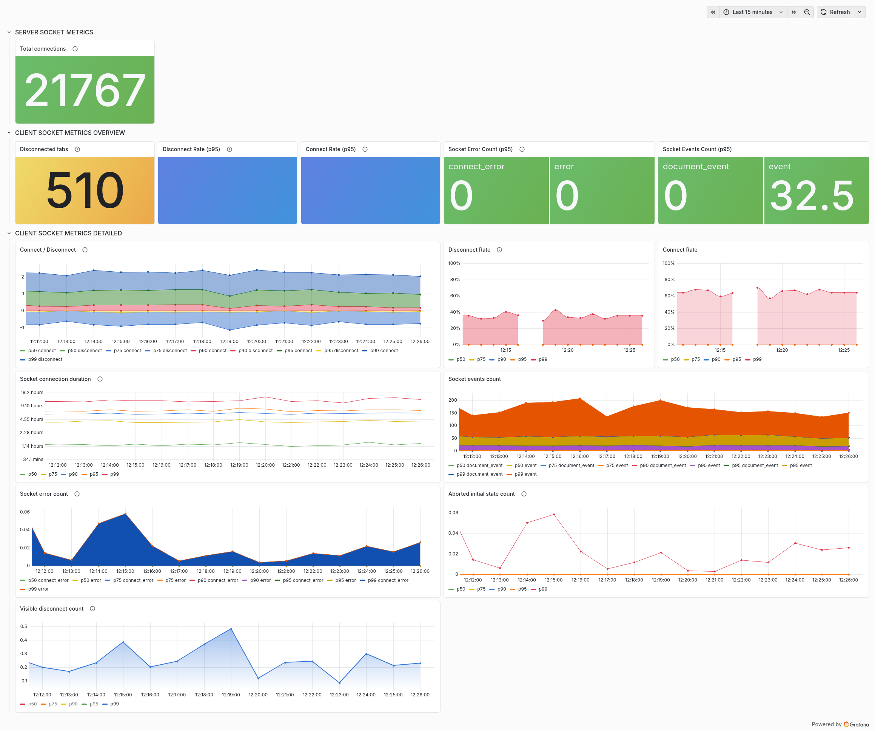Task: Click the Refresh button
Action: point(835,12)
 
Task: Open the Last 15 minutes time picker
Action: point(752,12)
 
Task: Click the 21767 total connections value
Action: point(85,90)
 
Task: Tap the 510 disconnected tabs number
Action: point(85,191)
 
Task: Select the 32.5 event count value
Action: point(812,195)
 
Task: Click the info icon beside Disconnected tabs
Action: point(77,149)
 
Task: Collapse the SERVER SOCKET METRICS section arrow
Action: point(9,32)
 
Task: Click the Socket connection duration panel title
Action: point(55,379)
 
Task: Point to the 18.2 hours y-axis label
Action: point(32,393)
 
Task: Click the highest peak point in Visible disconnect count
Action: point(231,629)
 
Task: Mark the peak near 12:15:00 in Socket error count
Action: point(125,514)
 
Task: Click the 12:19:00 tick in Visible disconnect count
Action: point(231,694)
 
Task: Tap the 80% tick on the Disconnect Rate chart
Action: point(455,280)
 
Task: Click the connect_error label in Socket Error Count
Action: point(476,166)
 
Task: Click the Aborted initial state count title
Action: point(481,494)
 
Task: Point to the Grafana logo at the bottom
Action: point(856,724)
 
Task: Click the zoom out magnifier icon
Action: point(807,12)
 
